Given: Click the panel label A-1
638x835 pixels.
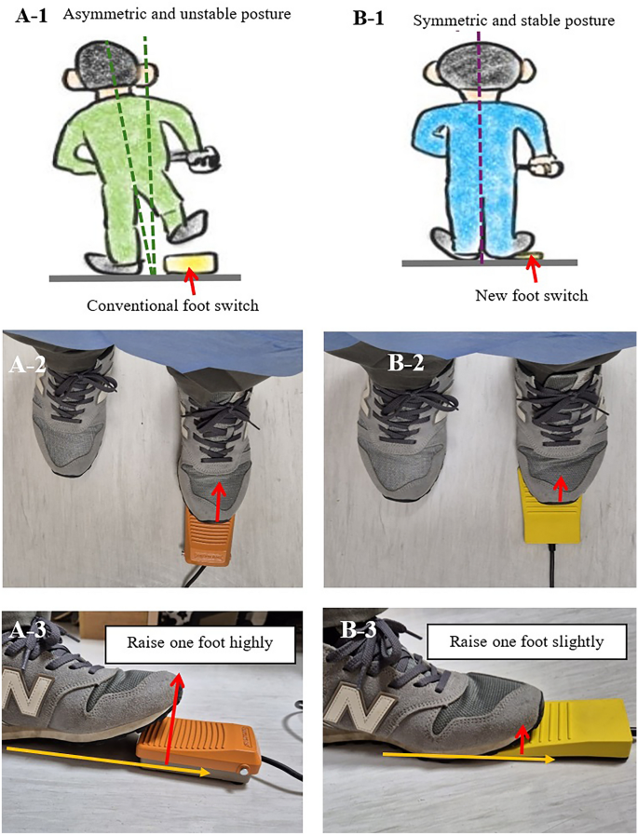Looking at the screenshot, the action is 32,15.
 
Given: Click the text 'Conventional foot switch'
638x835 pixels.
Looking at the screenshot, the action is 172,305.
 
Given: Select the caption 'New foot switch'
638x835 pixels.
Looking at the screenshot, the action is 532,295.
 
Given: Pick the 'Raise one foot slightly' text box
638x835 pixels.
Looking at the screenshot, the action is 526,641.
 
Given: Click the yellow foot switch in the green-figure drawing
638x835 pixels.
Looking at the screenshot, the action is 191,263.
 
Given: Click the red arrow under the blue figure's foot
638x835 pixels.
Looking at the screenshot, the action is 532,270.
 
